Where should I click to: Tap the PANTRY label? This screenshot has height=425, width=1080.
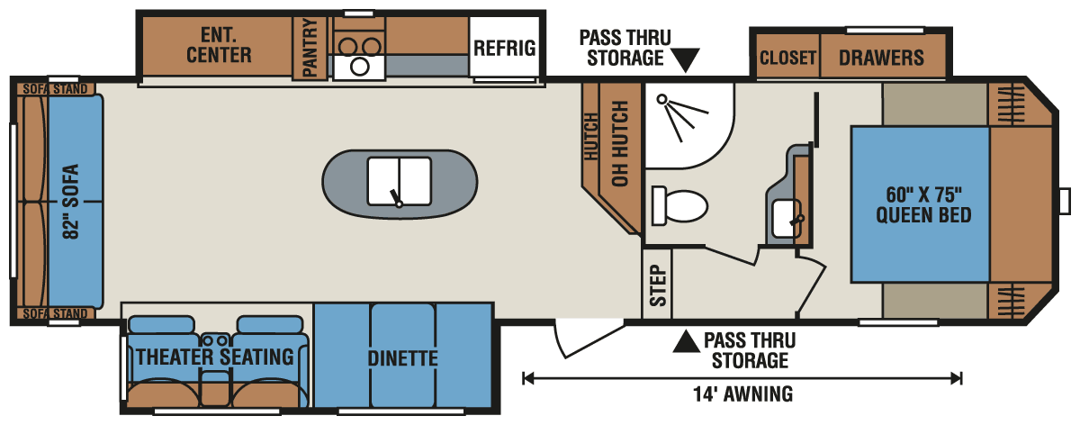[x=311, y=50]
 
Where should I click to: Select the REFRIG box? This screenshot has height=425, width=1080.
[x=505, y=48]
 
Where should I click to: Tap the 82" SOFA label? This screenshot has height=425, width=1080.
[x=71, y=201]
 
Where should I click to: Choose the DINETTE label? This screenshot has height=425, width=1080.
[x=402, y=358]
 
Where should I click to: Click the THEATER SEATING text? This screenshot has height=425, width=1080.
[x=215, y=357]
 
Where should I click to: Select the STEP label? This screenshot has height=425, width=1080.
[x=658, y=285]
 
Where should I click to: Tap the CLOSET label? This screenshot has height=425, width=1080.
[x=787, y=59]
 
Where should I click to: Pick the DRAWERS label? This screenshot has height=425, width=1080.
[x=881, y=59]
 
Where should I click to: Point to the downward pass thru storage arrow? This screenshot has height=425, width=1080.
[x=688, y=60]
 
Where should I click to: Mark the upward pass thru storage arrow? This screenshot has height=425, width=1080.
[x=688, y=341]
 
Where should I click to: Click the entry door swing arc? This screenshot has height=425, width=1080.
[x=576, y=341]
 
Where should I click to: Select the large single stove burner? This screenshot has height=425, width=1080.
[x=360, y=66]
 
